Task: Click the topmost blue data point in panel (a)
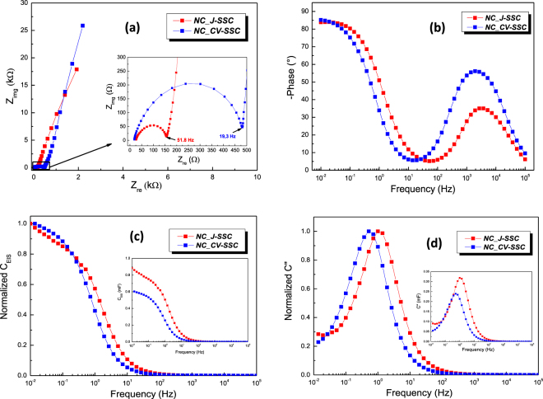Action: coord(82,26)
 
